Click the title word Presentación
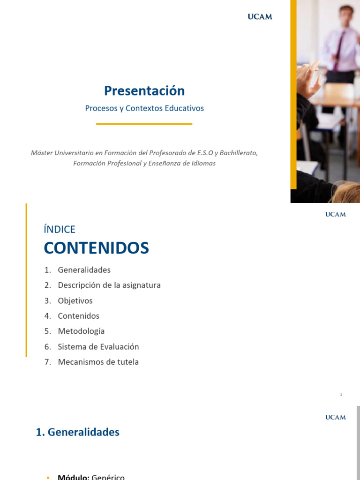[x=144, y=90]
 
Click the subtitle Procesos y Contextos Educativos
[x=144, y=108]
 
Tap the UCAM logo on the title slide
[x=260, y=17]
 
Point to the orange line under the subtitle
[x=144, y=124]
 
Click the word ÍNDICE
[x=60, y=229]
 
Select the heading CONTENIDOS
[x=97, y=248]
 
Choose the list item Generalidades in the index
[x=84, y=270]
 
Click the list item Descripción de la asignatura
[x=109, y=285]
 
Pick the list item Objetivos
[x=75, y=301]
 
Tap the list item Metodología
[x=81, y=331]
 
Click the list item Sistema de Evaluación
[x=98, y=347]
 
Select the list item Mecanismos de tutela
[x=98, y=362]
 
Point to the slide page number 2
[x=341, y=395]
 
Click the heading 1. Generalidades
[x=78, y=432]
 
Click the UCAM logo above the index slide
[x=336, y=214]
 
